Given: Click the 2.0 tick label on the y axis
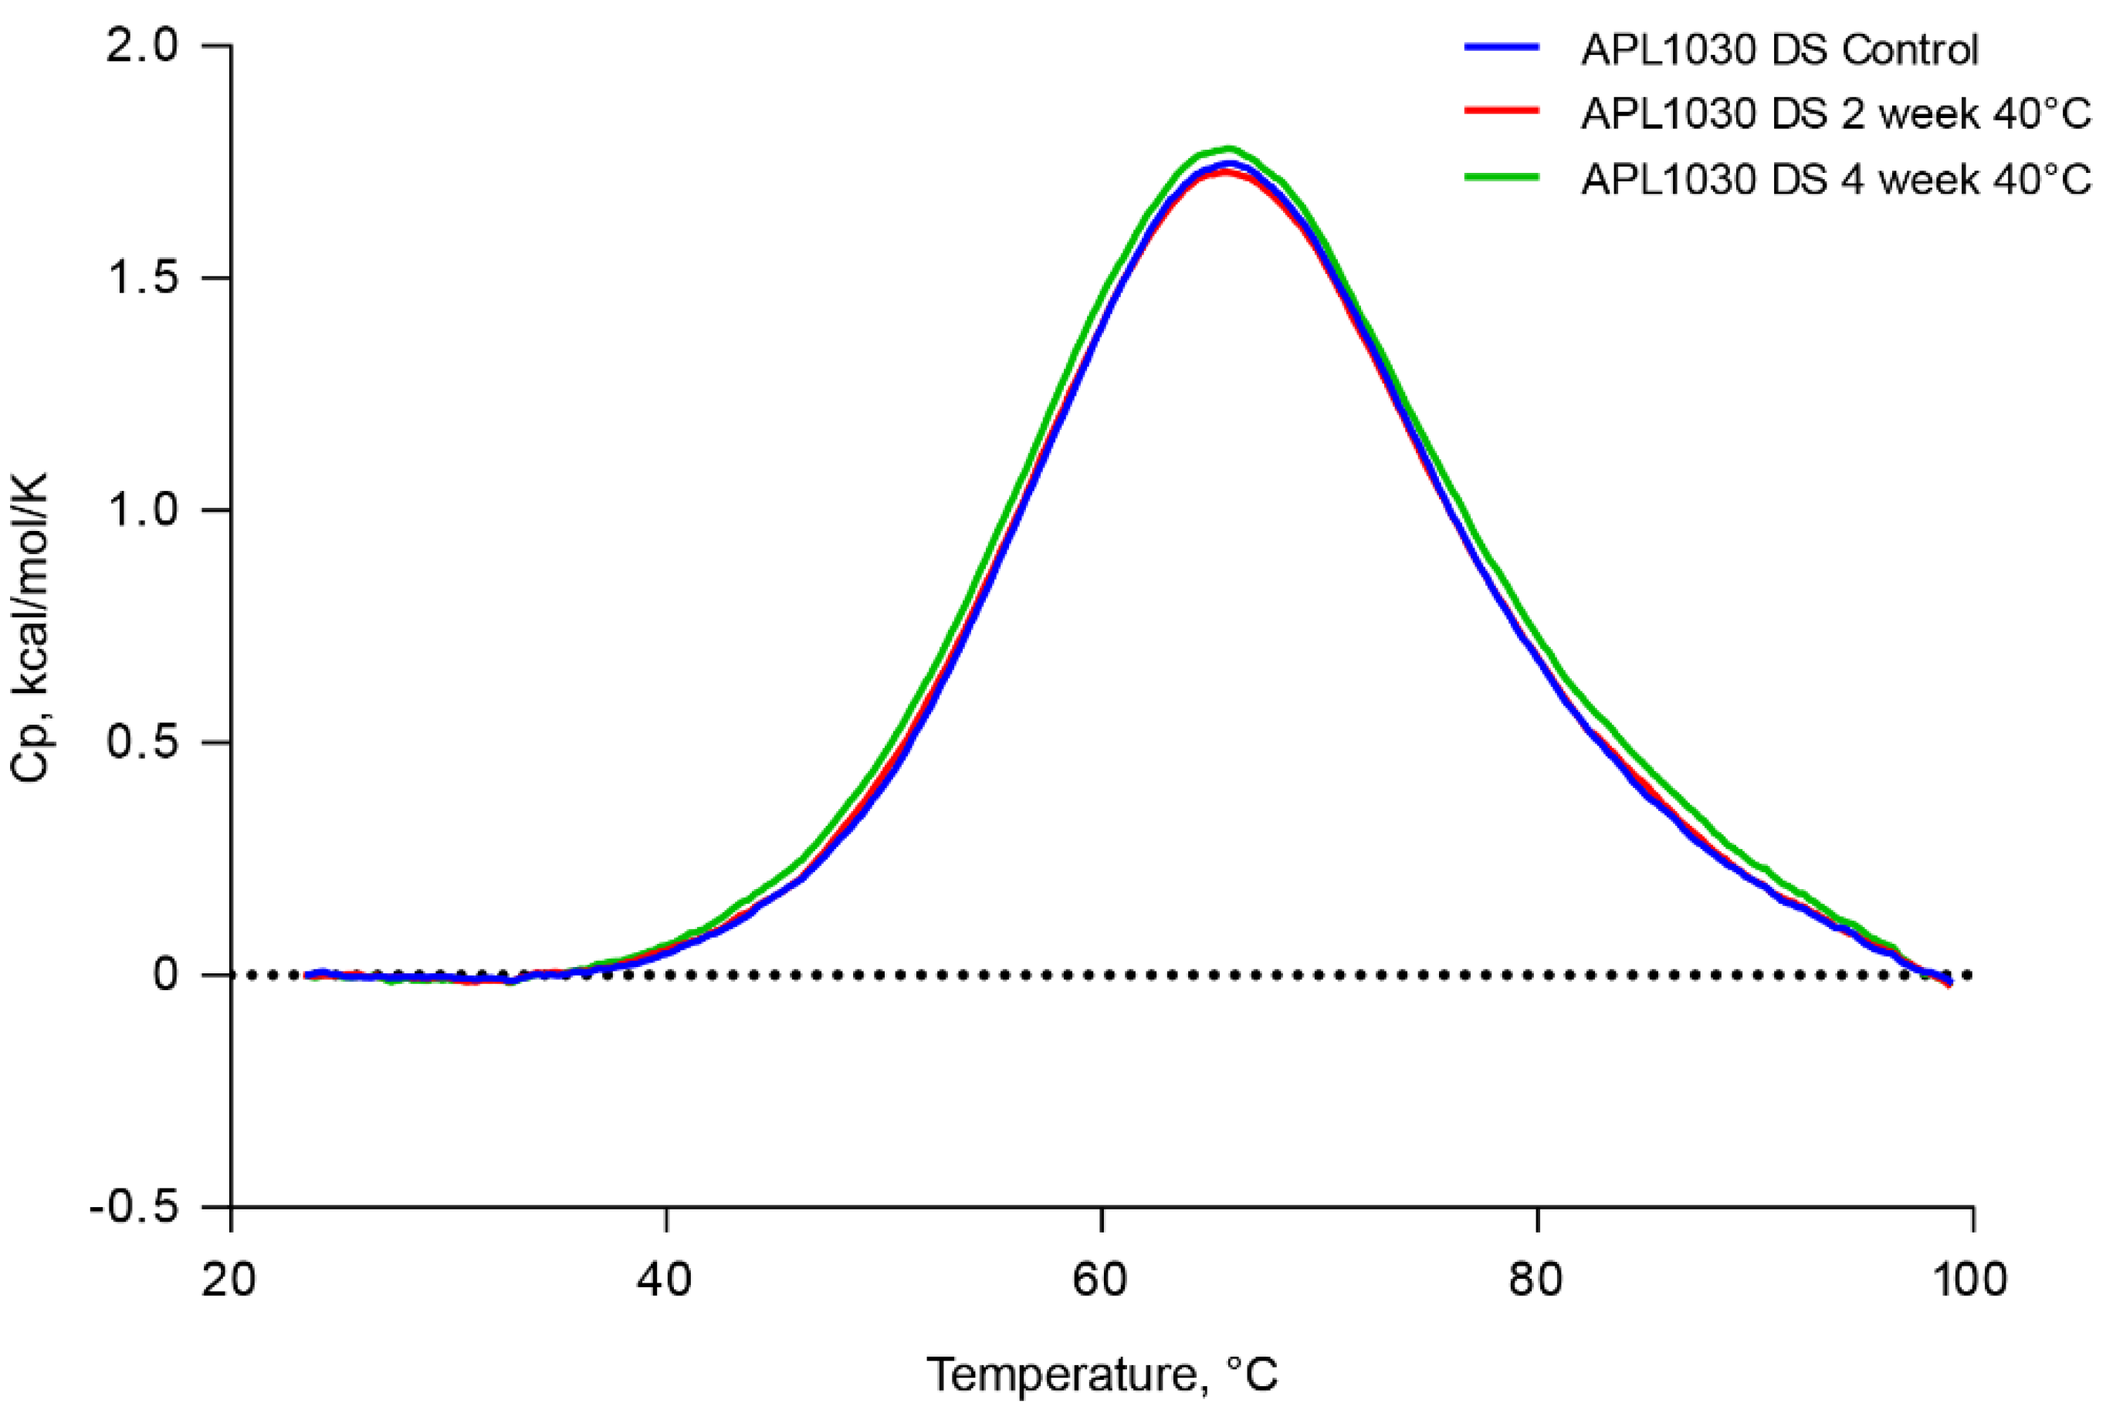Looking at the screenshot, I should coord(142,46).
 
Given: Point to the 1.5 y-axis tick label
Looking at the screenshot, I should coord(142,277).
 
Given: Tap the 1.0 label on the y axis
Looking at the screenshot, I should coord(142,510).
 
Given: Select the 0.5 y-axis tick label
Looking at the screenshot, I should coord(142,742).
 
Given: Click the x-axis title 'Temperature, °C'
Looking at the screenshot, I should coord(1101,1375).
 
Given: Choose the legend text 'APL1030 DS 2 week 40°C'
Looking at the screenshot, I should coord(1836,113).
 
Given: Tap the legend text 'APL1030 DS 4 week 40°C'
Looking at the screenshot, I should coord(1836,178).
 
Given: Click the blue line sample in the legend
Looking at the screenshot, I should coord(1502,47).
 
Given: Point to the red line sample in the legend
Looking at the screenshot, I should coord(1502,111).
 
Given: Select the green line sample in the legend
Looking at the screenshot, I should coord(1502,177).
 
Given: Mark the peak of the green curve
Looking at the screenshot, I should coord(1229,149).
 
